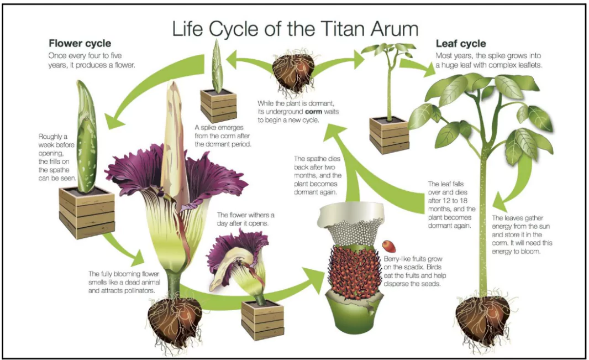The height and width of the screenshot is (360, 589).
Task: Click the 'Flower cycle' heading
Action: pos(80,43)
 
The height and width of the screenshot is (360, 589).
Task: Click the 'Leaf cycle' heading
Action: pos(461,43)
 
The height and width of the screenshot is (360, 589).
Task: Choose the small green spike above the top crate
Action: pos(217,66)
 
